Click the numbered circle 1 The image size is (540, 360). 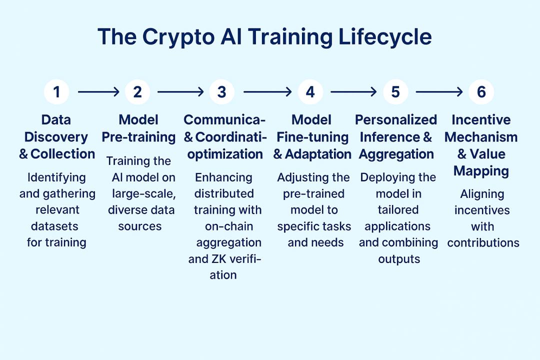[x=56, y=92]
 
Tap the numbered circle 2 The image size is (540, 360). [x=137, y=92]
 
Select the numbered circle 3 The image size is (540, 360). [x=222, y=92]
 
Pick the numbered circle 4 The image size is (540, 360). [x=310, y=92]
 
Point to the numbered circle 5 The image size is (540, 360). [x=395, y=92]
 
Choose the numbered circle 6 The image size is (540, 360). [x=481, y=92]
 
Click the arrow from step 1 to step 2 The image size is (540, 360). [x=98, y=92]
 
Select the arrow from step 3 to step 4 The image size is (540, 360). [x=267, y=92]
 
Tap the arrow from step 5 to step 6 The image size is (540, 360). [x=439, y=92]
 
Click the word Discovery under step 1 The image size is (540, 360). [x=56, y=137]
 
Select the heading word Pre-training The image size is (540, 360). [x=138, y=137]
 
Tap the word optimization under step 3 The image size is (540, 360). [x=225, y=154]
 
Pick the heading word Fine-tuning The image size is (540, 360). [x=312, y=137]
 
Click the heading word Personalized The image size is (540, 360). [x=396, y=120]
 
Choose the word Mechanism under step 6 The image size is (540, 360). [x=481, y=137]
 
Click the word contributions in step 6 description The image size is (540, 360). [x=483, y=243]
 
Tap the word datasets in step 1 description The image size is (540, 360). [x=54, y=226]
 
